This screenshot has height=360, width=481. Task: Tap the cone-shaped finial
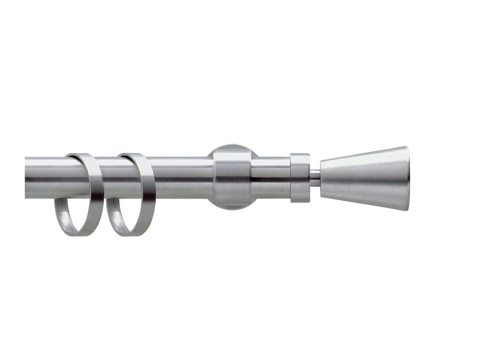pos(366,178)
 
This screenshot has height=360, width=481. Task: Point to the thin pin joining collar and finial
pos(314,178)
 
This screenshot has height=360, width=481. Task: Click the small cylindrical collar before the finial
pos(300,177)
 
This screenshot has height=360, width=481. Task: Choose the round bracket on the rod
pos(232,177)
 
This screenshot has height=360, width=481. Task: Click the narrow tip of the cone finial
pos(323,178)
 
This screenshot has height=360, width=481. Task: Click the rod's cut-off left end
pos(27,178)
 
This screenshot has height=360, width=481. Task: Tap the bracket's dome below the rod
pos(232,203)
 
